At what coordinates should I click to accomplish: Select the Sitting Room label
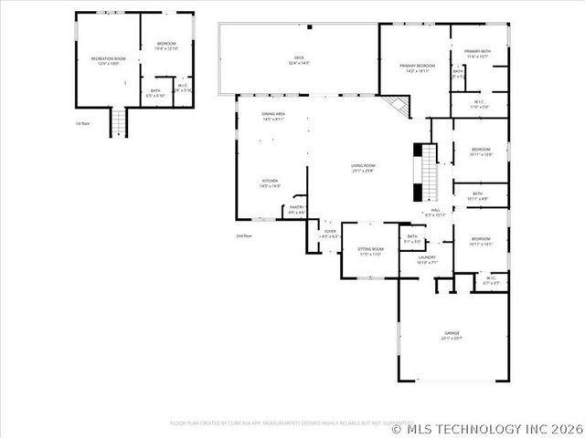370,250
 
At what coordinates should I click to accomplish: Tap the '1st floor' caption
85,122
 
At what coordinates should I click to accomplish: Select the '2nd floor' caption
243,235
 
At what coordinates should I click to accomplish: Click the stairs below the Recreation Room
118,121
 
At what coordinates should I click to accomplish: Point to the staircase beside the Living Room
427,172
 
